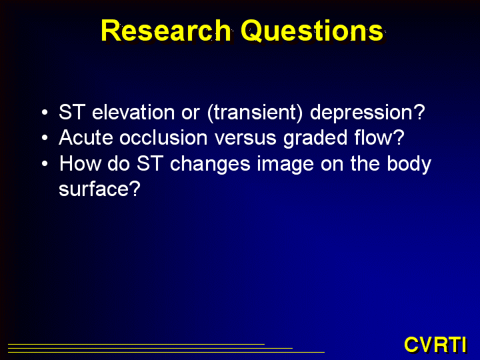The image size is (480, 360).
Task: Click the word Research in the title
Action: [165, 30]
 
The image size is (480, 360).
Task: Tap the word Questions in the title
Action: [312, 31]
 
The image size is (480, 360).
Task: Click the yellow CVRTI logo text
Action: [435, 345]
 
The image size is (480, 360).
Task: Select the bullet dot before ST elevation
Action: [45, 112]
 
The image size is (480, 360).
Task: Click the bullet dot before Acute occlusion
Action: [45, 138]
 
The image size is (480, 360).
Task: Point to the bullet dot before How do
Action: [45, 163]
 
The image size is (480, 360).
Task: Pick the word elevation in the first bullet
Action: [133, 112]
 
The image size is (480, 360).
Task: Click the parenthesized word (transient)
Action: [255, 113]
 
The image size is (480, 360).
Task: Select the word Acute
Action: [86, 138]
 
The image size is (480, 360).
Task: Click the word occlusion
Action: [163, 137]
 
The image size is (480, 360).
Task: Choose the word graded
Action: [315, 139]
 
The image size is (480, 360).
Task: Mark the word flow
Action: [374, 137]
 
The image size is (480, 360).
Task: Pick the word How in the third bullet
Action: [80, 163]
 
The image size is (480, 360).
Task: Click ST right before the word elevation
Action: [72, 112]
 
